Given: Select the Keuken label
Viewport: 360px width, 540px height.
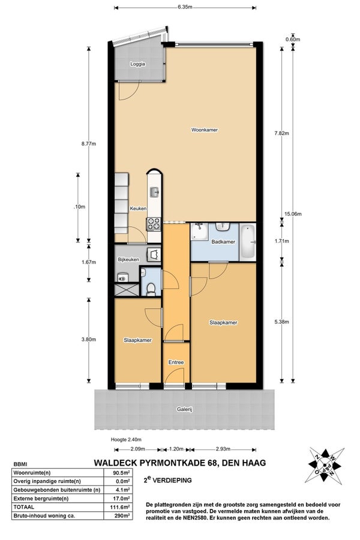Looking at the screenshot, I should [138, 209].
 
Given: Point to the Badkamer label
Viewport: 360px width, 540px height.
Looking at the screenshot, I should [223, 242].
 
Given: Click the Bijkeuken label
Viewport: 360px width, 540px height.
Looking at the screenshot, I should [128, 259].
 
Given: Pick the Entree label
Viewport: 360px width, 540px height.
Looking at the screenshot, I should [176, 362].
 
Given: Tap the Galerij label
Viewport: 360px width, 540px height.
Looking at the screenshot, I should [184, 410].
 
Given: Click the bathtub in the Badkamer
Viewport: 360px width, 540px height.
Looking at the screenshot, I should [247, 241].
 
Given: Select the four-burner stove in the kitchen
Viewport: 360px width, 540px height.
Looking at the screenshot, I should [154, 225].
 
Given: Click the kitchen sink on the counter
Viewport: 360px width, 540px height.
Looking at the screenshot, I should [154, 192].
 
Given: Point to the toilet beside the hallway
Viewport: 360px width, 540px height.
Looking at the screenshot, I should [151, 289].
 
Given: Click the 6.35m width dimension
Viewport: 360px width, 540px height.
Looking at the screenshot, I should [185, 7].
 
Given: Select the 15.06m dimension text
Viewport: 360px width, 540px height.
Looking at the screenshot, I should [292, 214].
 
